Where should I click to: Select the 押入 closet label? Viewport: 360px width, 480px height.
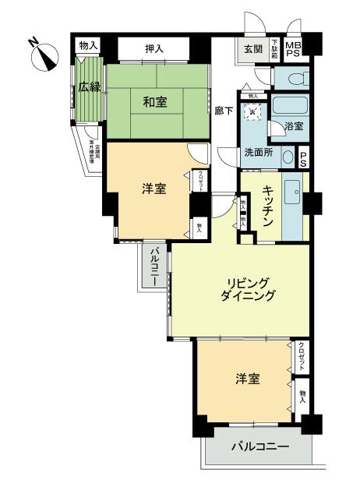pyautogui.click(x=154, y=49)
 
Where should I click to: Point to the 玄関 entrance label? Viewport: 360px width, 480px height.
pyautogui.click(x=252, y=49)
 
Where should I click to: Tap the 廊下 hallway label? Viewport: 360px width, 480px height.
pyautogui.click(x=224, y=111)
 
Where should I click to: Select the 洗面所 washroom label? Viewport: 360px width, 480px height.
pyautogui.click(x=259, y=154)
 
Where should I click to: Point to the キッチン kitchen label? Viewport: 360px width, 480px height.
pyautogui.click(x=267, y=206)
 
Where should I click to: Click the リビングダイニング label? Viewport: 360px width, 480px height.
pyautogui.click(x=252, y=289)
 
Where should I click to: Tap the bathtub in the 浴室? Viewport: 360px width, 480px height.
pyautogui.click(x=291, y=108)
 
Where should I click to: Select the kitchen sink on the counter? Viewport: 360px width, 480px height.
pyautogui.click(x=295, y=190)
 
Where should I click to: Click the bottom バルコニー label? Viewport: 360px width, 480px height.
pyautogui.click(x=260, y=448)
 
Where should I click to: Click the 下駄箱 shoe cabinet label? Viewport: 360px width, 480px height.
pyautogui.click(x=274, y=49)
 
